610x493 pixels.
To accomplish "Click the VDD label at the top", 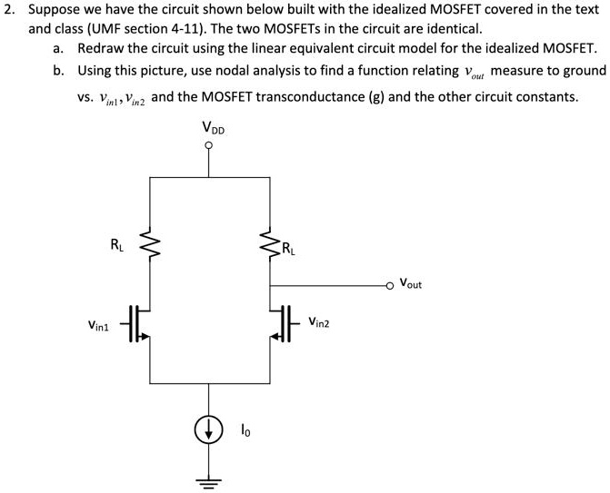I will (x=213, y=129).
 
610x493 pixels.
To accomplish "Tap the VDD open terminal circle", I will (x=211, y=148).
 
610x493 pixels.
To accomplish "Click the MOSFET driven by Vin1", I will (x=138, y=324).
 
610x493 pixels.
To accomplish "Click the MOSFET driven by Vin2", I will (x=278, y=324).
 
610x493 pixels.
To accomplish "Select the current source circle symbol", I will (x=211, y=431).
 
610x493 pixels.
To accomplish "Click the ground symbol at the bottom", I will (x=211, y=479).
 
